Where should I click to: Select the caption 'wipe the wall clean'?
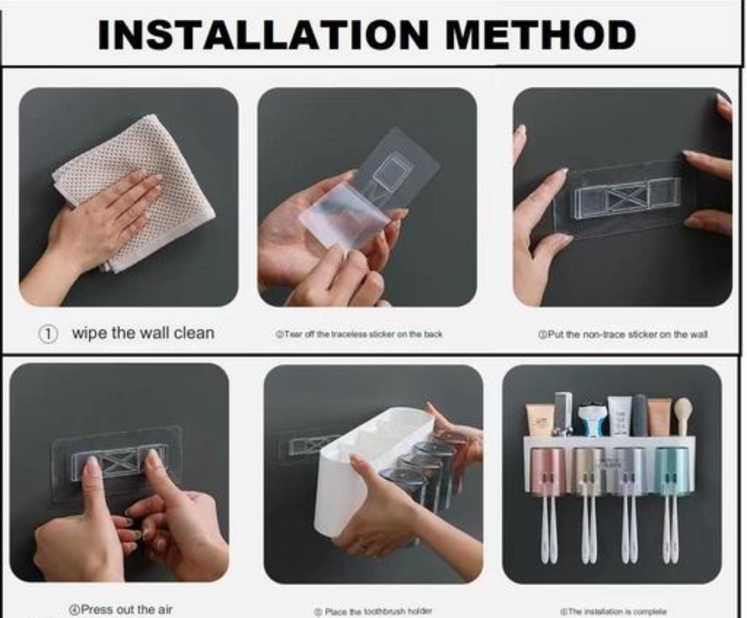pos(142,333)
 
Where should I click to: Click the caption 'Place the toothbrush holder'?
pos(373,610)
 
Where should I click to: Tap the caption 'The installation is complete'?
pos(612,611)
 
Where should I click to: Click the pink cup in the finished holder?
pos(548,471)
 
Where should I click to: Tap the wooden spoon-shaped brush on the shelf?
pos(683,415)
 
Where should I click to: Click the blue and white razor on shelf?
pos(591,419)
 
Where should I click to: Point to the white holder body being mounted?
pos(358,472)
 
